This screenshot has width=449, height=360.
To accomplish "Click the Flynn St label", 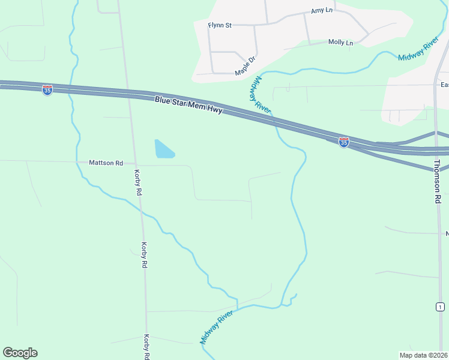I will (x=220, y=25).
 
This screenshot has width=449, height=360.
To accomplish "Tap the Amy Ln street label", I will (x=321, y=11).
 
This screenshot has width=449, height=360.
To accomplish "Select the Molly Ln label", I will (x=340, y=42).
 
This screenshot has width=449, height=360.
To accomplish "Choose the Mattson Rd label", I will (x=106, y=163).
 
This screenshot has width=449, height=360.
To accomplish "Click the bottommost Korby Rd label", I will (x=146, y=347).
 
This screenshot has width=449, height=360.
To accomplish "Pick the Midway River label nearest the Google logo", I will (x=216, y=327).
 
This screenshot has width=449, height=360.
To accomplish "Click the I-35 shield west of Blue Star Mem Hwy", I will (x=47, y=90).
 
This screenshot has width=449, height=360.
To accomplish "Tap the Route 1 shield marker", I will (x=440, y=307).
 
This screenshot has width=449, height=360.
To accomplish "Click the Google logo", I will (x=20, y=353).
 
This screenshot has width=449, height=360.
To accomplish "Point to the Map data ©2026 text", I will (x=423, y=355).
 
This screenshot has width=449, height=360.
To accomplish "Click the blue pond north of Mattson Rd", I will (x=163, y=149).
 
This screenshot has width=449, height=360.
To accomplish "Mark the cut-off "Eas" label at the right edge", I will (x=444, y=85).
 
